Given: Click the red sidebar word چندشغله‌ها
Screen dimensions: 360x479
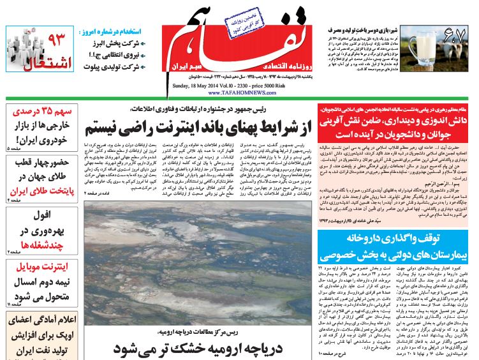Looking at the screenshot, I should coord(40,244).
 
